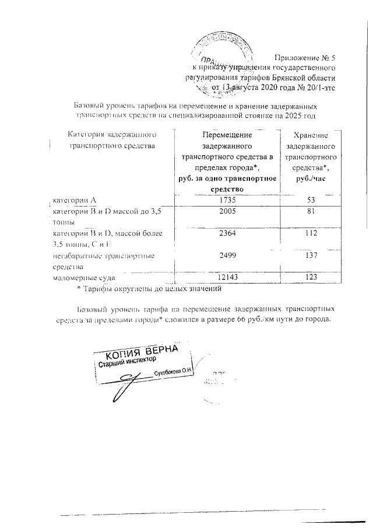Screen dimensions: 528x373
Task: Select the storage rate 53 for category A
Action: click(x=309, y=200)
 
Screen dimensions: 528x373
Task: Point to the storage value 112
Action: click(x=309, y=233)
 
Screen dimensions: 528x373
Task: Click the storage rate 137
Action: click(x=309, y=256)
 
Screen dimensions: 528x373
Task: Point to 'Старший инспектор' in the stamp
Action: click(x=126, y=364)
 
